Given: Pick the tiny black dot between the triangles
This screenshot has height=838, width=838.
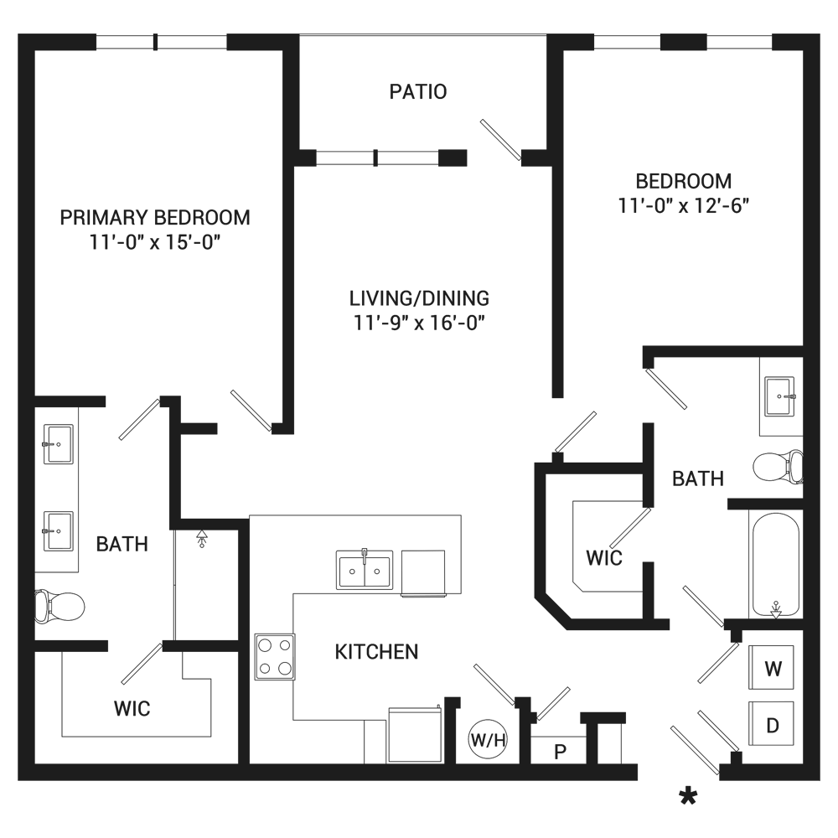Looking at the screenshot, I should coord(419,422).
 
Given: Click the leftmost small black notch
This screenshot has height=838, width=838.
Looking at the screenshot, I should coord(389,420).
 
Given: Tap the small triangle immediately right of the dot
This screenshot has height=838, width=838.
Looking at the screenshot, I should coord(429,420).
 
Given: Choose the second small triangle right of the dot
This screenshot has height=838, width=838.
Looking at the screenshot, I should coord(441,421).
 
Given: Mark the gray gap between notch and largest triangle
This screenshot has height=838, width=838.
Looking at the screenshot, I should coord(395,420).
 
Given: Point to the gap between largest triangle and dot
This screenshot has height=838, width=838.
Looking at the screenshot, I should coord(416,421).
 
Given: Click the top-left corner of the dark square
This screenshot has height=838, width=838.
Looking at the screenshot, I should coord(18,35).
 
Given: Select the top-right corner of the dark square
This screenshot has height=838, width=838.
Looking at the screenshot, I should coord(819,35).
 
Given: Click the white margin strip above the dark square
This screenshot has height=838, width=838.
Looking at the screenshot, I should coord(419,17).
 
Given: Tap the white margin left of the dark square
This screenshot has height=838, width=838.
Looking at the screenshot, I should coord(8,419).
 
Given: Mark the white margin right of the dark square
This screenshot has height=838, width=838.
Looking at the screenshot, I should coord(829,419).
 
